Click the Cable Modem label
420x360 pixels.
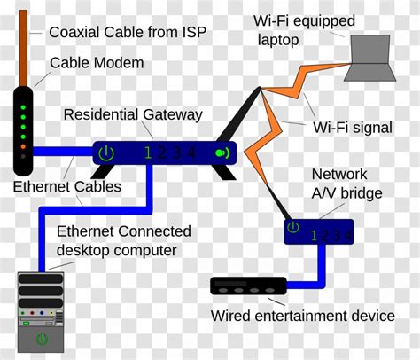[97, 63]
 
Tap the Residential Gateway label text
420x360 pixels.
[134, 115]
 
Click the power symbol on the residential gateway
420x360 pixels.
[106, 153]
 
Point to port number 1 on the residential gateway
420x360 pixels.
[148, 153]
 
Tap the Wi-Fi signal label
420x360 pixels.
[352, 128]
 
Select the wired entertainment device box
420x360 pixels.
[248, 286]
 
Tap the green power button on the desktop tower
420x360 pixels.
[42, 340]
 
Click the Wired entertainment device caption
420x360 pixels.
[302, 316]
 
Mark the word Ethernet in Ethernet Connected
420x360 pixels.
[85, 232]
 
